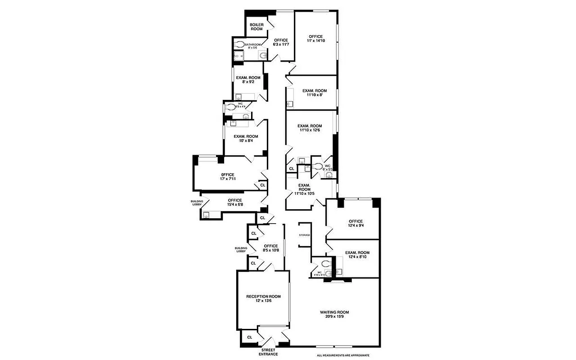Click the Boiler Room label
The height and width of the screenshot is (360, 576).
click(x=256, y=27)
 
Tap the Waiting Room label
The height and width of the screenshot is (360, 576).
click(x=334, y=315)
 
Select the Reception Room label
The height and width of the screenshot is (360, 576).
click(x=263, y=299)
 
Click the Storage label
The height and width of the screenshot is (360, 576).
click(x=305, y=235)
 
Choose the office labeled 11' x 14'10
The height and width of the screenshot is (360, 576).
click(x=315, y=39)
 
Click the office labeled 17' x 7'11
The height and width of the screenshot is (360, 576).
click(x=228, y=177)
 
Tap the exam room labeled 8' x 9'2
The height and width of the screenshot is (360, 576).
click(x=248, y=80)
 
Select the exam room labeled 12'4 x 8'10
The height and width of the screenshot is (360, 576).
click(x=357, y=255)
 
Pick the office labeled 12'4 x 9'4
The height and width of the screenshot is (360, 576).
click(x=355, y=224)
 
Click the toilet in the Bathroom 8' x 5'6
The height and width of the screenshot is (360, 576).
click(x=239, y=44)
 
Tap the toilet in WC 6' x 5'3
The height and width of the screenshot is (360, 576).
click(x=317, y=166)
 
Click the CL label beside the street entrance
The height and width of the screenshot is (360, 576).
click(x=250, y=337)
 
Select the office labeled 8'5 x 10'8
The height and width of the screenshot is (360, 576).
click(x=271, y=248)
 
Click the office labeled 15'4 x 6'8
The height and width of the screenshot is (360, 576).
click(x=234, y=202)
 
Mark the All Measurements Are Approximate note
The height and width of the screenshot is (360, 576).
click(x=343, y=355)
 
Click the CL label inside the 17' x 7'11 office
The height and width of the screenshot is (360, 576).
click(x=263, y=185)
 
